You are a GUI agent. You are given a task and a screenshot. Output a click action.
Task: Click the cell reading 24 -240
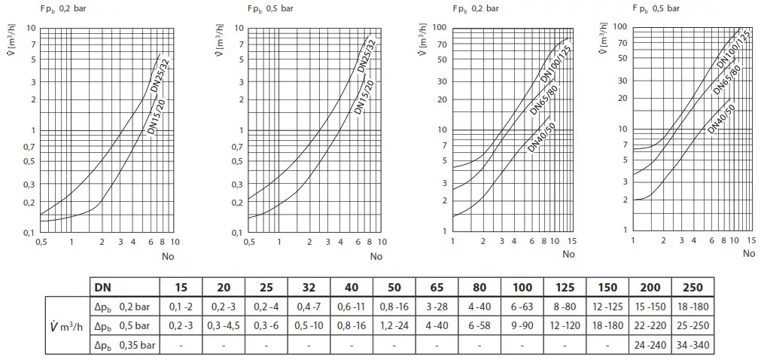[649, 344]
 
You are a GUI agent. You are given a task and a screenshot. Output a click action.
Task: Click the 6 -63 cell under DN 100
[522, 307]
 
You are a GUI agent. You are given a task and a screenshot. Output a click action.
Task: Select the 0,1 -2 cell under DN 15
[181, 307]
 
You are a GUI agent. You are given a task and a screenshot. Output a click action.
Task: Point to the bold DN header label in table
[102, 287]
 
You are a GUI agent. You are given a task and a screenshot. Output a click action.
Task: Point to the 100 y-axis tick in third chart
[443, 27]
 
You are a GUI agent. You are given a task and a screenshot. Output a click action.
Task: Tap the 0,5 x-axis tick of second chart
[248, 243]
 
